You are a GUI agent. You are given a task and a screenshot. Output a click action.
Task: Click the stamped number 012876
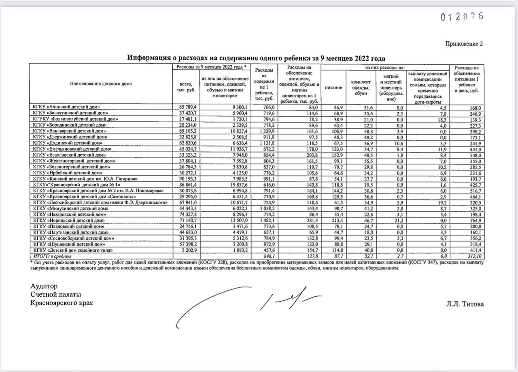(461, 17)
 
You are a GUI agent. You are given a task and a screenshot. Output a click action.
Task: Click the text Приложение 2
(464, 44)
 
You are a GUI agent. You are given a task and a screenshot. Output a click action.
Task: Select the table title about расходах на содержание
(256, 57)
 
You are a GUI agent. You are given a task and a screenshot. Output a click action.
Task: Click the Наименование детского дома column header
(101, 84)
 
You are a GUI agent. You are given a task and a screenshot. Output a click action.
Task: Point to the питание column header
(333, 87)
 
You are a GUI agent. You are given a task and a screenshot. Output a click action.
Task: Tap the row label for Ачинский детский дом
(67, 108)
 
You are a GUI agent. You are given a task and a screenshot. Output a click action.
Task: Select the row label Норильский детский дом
(69, 220)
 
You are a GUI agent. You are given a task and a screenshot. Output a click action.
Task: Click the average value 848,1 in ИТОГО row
(268, 256)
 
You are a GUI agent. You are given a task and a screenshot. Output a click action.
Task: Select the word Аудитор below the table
(44, 286)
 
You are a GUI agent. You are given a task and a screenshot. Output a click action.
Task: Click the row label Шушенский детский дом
(68, 244)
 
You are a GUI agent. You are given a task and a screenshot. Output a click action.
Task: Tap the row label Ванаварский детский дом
(70, 131)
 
